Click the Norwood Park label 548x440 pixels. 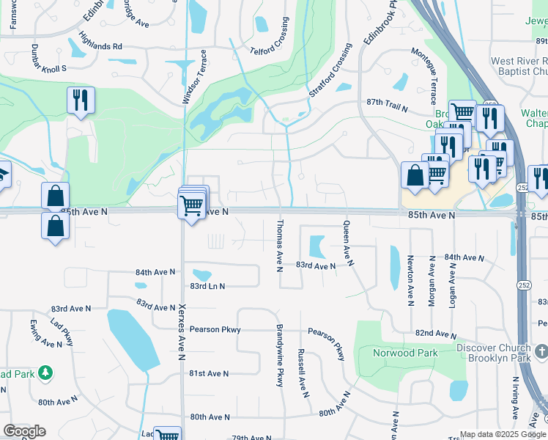[406, 353]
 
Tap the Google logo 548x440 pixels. [24, 431]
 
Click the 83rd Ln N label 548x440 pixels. [207, 286]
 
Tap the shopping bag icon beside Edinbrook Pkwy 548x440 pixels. [415, 175]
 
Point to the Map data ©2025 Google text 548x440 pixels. [502, 434]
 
